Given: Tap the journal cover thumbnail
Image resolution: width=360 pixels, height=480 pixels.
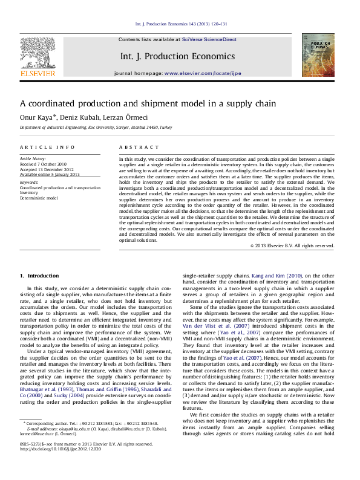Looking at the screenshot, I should coord(318,55).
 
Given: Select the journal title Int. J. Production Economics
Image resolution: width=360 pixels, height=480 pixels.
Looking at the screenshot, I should coord(177,56).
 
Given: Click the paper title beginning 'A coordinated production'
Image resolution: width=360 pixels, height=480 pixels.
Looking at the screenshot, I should coord(148,103).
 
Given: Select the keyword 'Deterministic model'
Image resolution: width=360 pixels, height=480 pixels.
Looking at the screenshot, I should coord(39,198).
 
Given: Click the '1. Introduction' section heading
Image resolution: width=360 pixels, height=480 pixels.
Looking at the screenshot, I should coord(39,276).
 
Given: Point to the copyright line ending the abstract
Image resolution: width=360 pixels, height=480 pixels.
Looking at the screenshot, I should coord(292,246).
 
